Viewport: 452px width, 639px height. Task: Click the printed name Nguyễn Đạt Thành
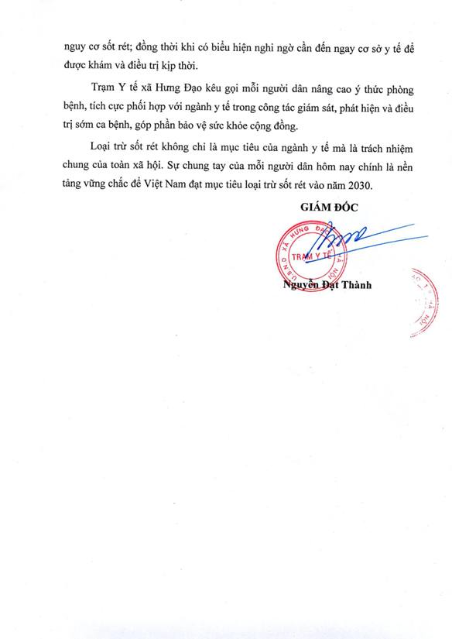[327, 284]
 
